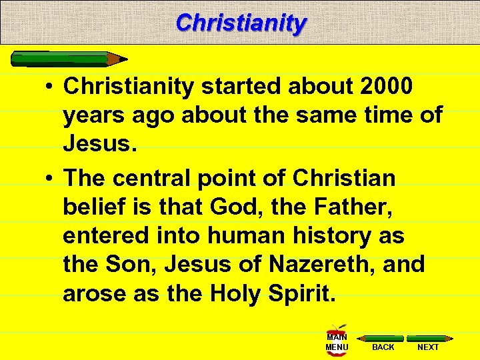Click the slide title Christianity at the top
[x=241, y=23]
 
